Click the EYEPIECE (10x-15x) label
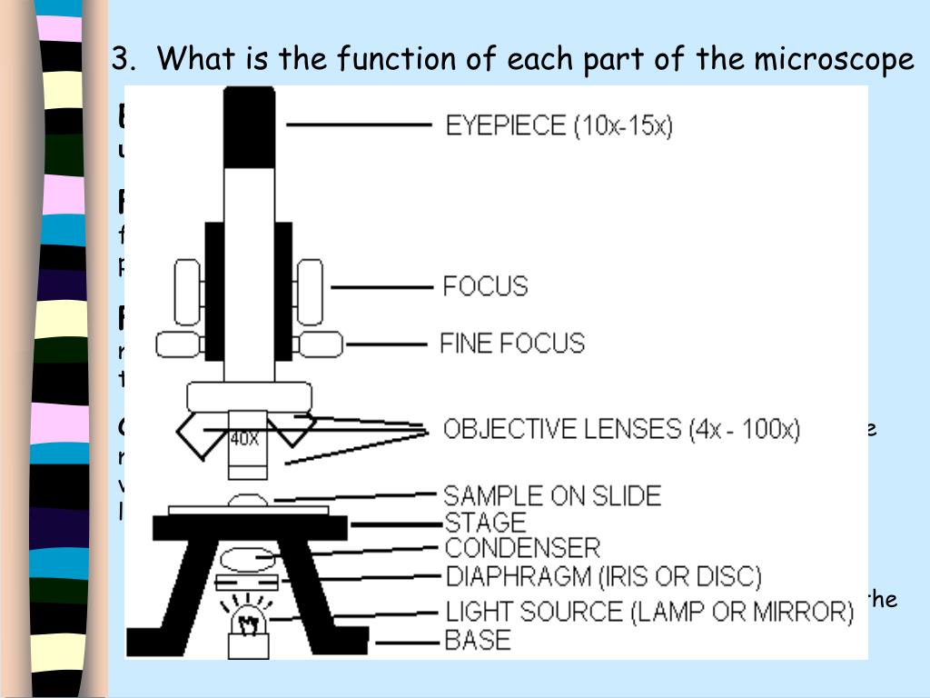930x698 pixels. pyautogui.click(x=559, y=125)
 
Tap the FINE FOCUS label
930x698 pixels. pyautogui.click(x=512, y=343)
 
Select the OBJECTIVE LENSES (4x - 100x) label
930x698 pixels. pyautogui.click(x=621, y=429)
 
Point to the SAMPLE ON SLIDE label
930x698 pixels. pyautogui.click(x=551, y=495)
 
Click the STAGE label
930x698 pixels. pyautogui.click(x=485, y=523)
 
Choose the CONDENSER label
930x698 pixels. pyautogui.click(x=521, y=548)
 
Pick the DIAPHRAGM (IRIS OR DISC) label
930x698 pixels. pyautogui.click(x=602, y=576)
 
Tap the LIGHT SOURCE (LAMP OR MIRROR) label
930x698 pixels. pyautogui.click(x=648, y=612)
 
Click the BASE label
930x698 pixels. pyautogui.click(x=478, y=639)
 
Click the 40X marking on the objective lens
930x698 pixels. pyautogui.click(x=245, y=438)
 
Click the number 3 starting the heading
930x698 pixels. pyautogui.click(x=118, y=59)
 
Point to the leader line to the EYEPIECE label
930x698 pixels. pyautogui.click(x=358, y=125)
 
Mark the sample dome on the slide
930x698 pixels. pyautogui.click(x=247, y=500)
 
